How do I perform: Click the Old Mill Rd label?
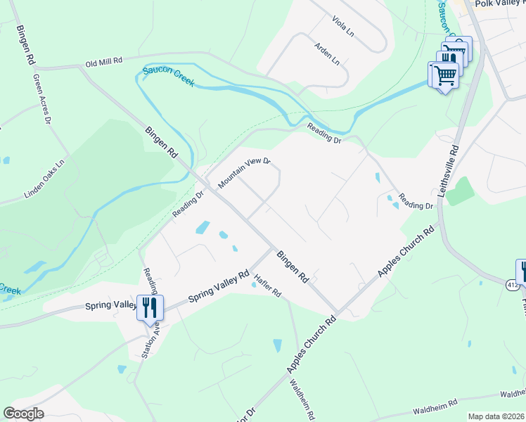coord(104,62)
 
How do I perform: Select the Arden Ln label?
coord(327,51)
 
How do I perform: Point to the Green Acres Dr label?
coord(42,103)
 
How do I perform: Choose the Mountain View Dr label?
coord(244,173)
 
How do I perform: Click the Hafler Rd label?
coord(268,286)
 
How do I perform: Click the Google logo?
coord(23,414)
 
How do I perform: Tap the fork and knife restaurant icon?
coord(150,307)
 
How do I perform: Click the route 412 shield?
coord(513,283)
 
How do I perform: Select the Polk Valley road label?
coord(500,4)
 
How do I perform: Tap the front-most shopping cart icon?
coord(443,74)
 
